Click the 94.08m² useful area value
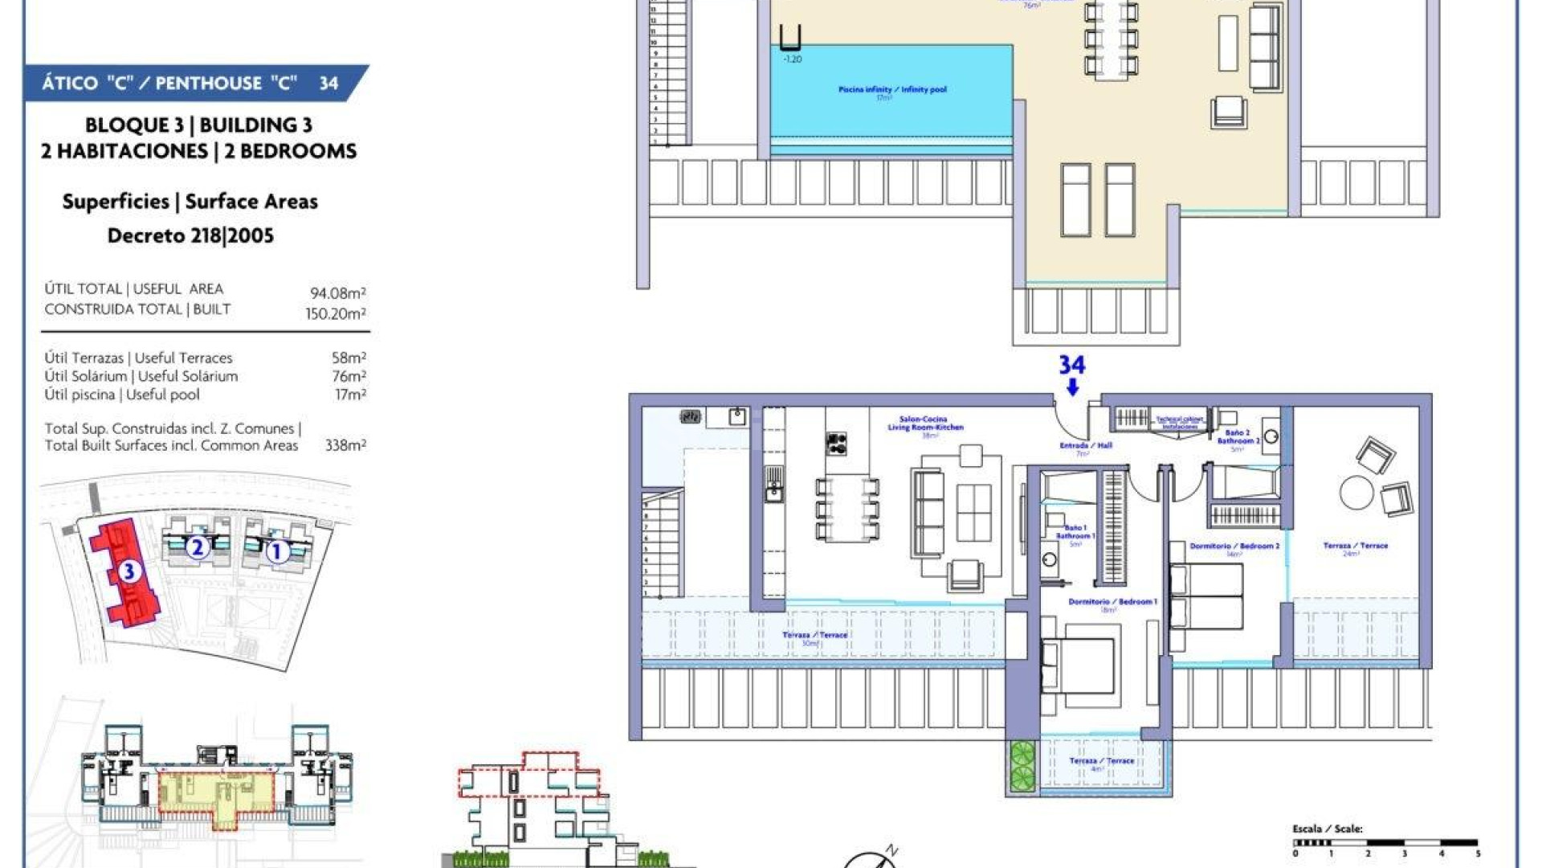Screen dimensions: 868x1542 (x=338, y=293)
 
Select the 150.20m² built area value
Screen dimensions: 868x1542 (x=335, y=313)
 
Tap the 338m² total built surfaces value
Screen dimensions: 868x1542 (x=345, y=445)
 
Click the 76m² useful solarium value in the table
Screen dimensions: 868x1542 (x=349, y=376)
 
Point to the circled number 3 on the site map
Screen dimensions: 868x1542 (x=128, y=571)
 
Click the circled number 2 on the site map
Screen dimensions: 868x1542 (x=197, y=548)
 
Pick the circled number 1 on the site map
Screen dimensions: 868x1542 (x=277, y=551)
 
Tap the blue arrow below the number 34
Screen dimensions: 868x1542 (x=1072, y=387)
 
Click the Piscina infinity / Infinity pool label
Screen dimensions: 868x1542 (x=891, y=90)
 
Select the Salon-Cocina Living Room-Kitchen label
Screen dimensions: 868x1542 (x=924, y=424)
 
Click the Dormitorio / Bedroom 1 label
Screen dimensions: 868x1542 (x=1112, y=602)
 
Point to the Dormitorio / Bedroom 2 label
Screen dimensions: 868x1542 (x=1234, y=547)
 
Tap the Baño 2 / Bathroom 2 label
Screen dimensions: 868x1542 (x=1238, y=437)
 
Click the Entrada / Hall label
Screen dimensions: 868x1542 (x=1083, y=445)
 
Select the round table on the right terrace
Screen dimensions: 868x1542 (x=1356, y=493)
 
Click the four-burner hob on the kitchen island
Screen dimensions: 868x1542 (x=836, y=443)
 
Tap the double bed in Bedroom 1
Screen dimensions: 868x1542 (x=1079, y=667)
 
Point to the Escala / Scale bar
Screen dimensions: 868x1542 (x=1385, y=843)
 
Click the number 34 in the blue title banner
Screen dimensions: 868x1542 (x=328, y=83)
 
